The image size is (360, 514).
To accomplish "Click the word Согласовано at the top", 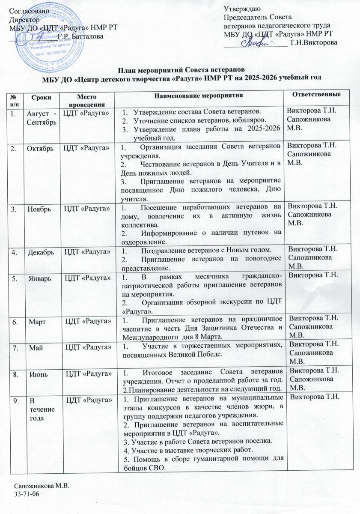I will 26,12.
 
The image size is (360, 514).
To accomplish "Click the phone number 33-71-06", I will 27,495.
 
